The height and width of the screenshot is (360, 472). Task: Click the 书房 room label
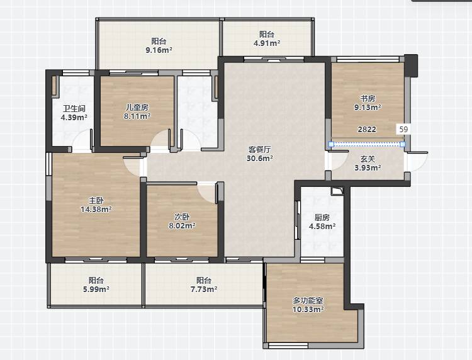368,98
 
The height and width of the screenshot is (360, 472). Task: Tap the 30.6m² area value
260,158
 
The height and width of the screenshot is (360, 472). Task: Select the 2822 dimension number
367,130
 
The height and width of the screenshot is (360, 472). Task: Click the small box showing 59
403,130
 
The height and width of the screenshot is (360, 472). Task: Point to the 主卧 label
96,200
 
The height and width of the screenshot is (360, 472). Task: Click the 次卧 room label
182,217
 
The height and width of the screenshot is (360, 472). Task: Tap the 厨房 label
322,217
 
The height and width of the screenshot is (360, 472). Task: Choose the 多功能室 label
308,300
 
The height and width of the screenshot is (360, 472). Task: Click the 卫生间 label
74,108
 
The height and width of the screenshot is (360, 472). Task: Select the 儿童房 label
137,107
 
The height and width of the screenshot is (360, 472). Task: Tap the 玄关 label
368,159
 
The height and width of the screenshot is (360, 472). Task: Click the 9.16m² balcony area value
159,50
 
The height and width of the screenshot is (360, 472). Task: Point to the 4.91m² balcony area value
267,43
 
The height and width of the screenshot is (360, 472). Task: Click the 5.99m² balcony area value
96,290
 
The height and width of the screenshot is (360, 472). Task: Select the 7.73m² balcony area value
204,290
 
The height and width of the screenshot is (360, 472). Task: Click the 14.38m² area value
96,209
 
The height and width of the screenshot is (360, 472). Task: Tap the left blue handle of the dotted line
331,145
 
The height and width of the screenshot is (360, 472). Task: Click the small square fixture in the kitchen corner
337,191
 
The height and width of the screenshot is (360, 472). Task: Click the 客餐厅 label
260,149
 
